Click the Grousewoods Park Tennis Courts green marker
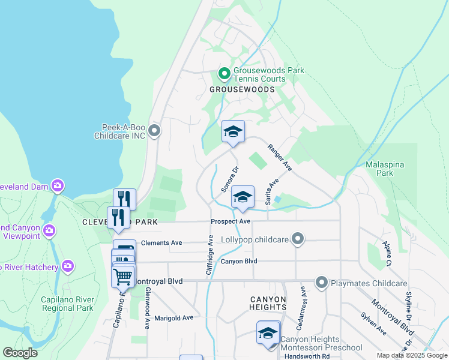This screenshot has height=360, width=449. click(x=224, y=74)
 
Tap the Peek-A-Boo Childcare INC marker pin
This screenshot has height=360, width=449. click(x=154, y=131)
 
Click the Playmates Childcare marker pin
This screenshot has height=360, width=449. click(x=322, y=283)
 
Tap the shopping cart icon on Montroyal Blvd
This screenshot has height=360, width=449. click(x=123, y=277)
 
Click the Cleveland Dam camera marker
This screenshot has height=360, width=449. click(x=58, y=185)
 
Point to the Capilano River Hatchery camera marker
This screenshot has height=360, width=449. click(x=67, y=266)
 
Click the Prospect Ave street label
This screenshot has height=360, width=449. click(x=230, y=221)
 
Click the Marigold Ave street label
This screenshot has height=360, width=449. click(x=173, y=317)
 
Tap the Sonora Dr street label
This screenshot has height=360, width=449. click(x=230, y=179)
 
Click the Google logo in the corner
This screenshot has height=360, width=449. click(x=20, y=353)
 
